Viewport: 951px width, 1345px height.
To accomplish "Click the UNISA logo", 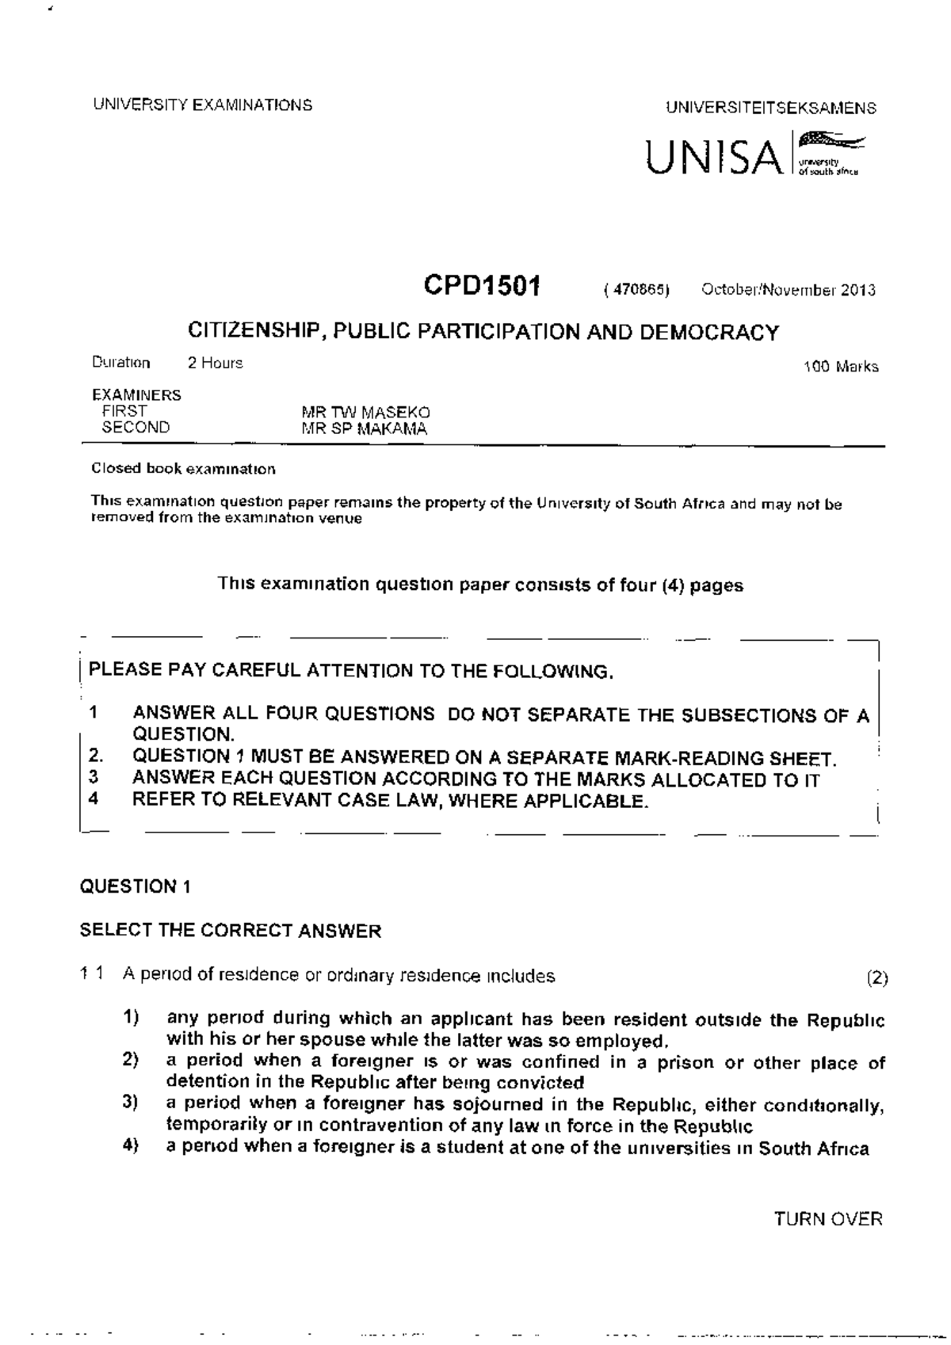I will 753,154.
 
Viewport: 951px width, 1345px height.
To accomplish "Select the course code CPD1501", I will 481,286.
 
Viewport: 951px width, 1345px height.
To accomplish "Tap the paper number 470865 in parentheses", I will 636,290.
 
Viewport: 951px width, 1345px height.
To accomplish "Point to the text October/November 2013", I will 788,290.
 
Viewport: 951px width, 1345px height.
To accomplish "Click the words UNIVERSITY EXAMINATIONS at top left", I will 202,105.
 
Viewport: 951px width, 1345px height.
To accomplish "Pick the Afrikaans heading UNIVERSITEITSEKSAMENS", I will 770,108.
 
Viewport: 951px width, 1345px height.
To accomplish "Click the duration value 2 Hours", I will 215,364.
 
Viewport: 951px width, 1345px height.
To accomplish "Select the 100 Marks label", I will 840,367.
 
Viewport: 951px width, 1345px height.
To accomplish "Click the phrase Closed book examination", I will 184,469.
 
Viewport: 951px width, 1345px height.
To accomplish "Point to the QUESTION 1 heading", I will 135,886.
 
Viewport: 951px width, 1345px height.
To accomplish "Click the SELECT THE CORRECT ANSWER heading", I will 230,931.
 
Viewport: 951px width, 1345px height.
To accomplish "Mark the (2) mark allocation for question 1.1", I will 877,977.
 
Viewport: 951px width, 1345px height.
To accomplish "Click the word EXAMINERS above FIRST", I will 136,394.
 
